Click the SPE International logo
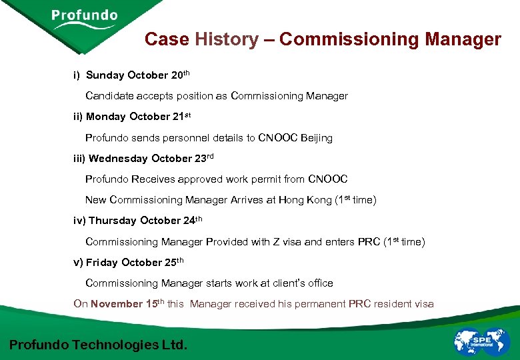(x=481, y=341)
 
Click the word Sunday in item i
(x=105, y=75)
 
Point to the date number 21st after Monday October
(x=181, y=117)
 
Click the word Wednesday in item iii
(x=118, y=159)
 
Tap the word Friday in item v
(x=103, y=263)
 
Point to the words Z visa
(x=287, y=242)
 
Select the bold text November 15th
(x=127, y=304)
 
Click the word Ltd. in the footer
(x=175, y=345)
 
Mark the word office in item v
(x=321, y=283)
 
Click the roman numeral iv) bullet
(x=79, y=221)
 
